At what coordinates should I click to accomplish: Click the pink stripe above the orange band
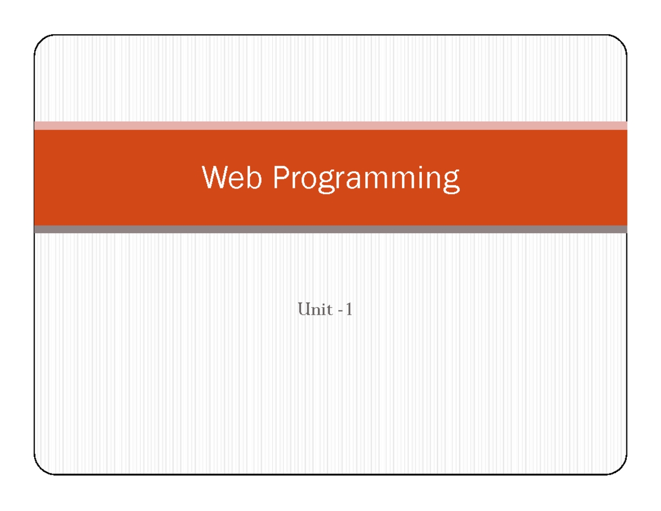click(x=330, y=126)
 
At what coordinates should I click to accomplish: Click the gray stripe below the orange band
click(x=330, y=229)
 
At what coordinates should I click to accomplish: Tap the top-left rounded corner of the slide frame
click(x=41, y=42)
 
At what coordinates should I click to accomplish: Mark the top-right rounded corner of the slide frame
click(x=620, y=42)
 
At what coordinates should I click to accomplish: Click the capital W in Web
click(x=215, y=177)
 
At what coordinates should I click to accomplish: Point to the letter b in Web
click(x=253, y=177)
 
